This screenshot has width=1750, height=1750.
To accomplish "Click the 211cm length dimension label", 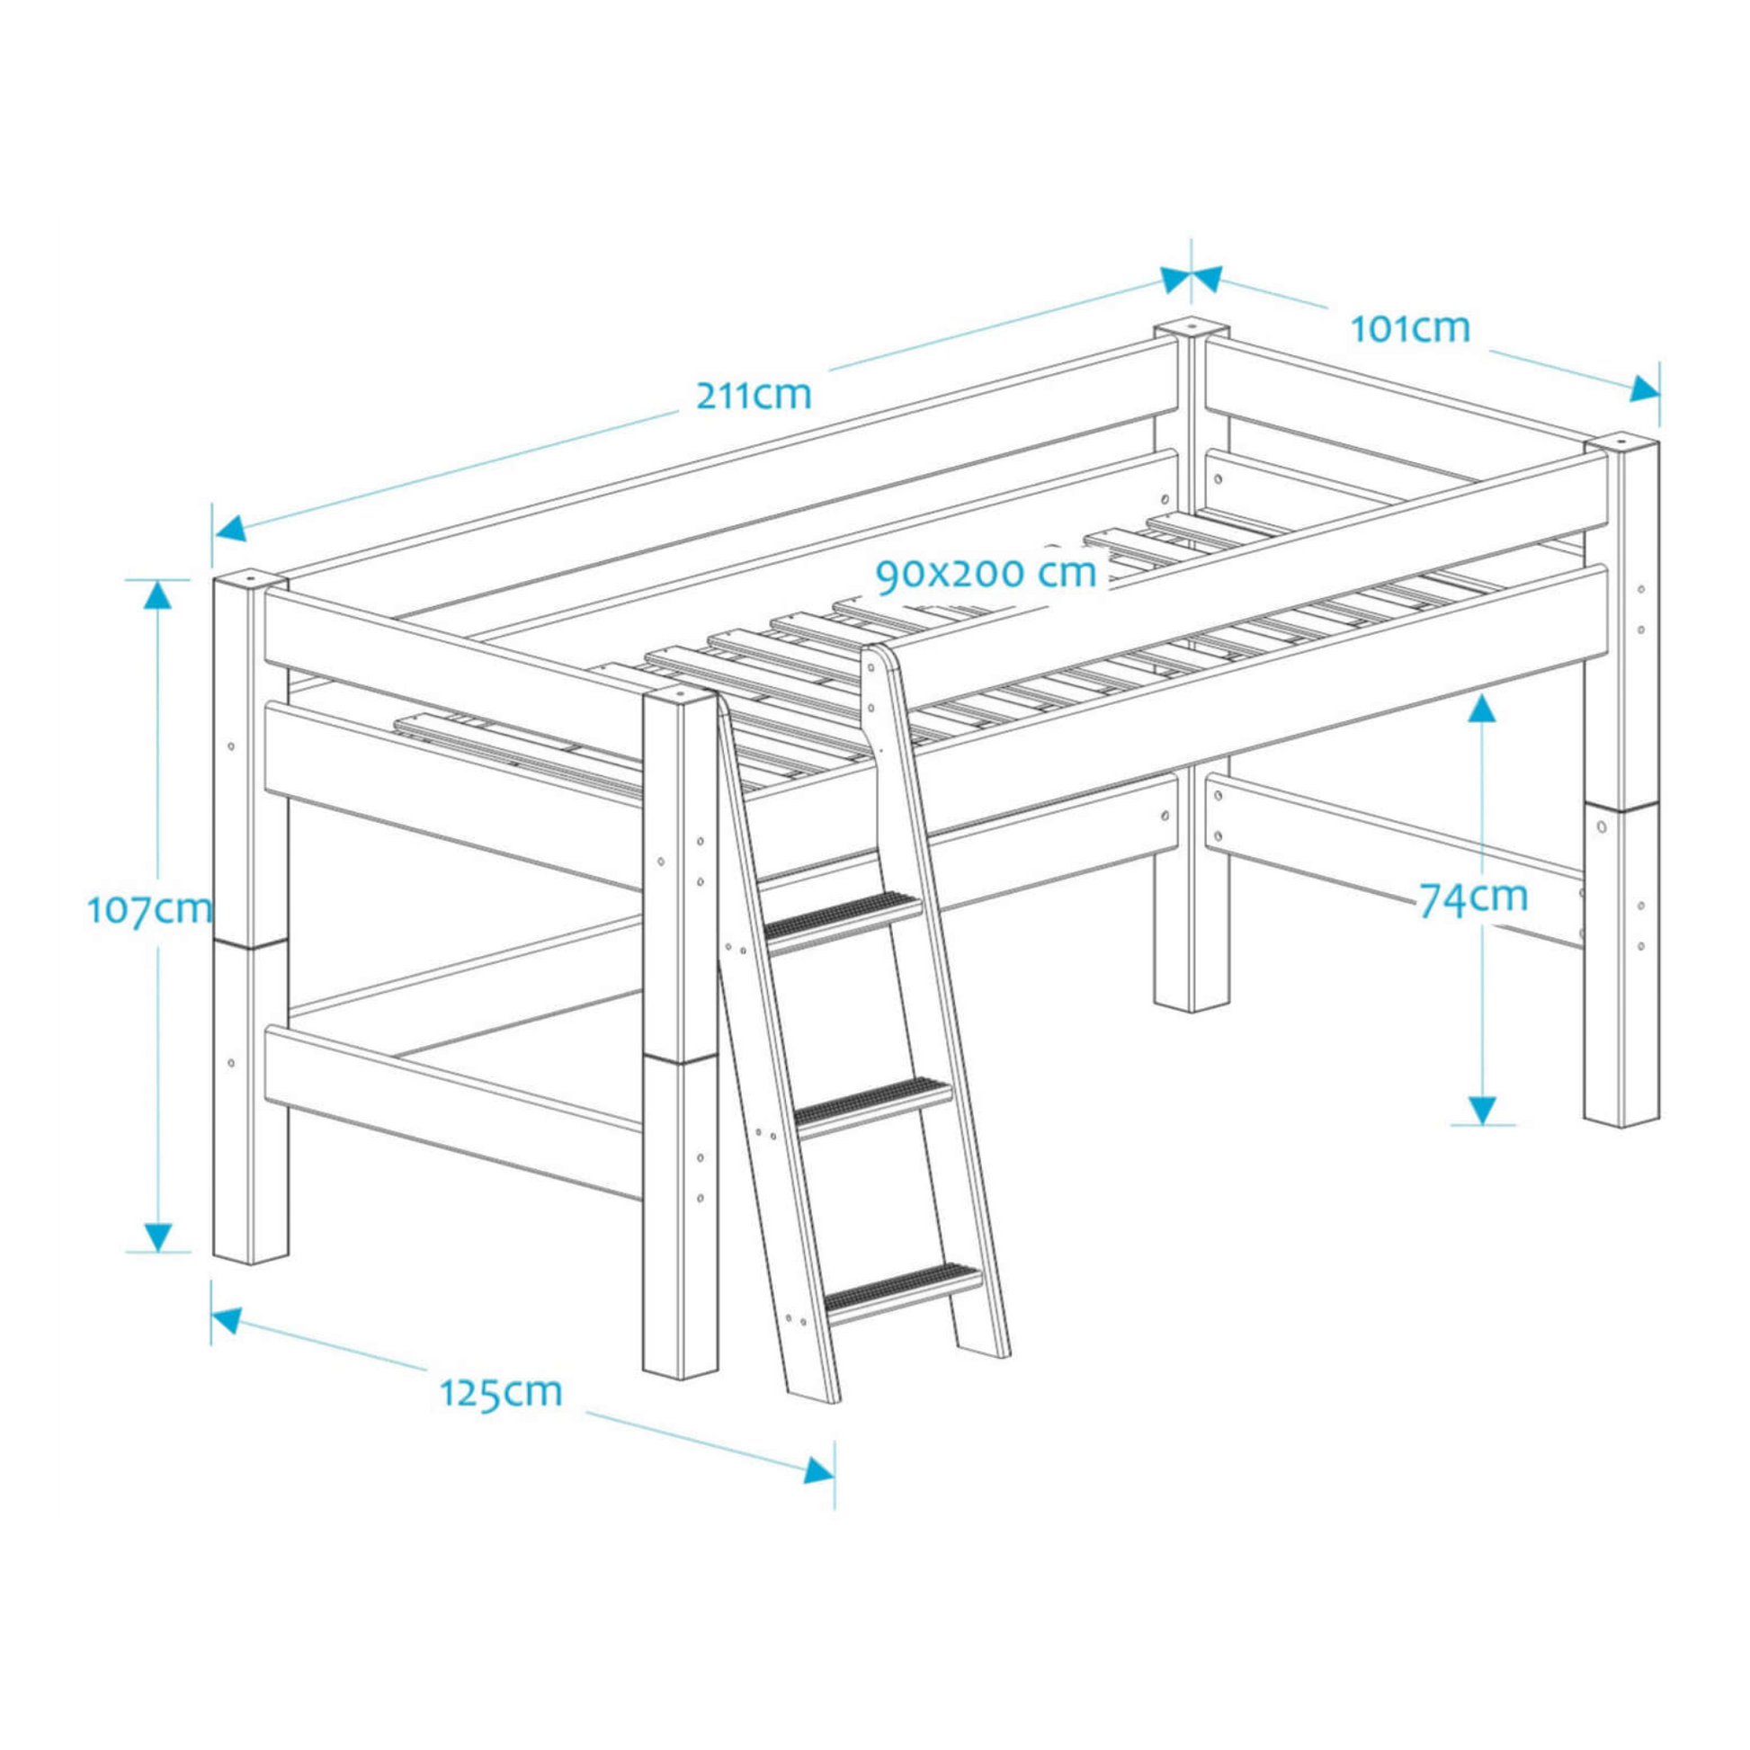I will tap(754, 396).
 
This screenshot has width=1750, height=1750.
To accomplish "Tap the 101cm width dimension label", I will tap(1410, 329).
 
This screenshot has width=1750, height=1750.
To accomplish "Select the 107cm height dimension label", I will tap(150, 908).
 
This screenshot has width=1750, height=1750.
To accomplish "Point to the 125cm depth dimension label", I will tap(501, 1417).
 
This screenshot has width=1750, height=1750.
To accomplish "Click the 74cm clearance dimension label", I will tap(1473, 897).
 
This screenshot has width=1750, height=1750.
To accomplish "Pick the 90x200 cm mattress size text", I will tap(986, 574).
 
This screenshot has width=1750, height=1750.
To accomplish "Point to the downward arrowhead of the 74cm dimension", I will tap(1482, 1110).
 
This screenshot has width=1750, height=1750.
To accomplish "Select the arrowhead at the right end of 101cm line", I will tap(1644, 390).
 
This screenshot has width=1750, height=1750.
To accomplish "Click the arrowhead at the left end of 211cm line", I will tap(229, 529).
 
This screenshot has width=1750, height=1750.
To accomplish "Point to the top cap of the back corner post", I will tap(1191, 326).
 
